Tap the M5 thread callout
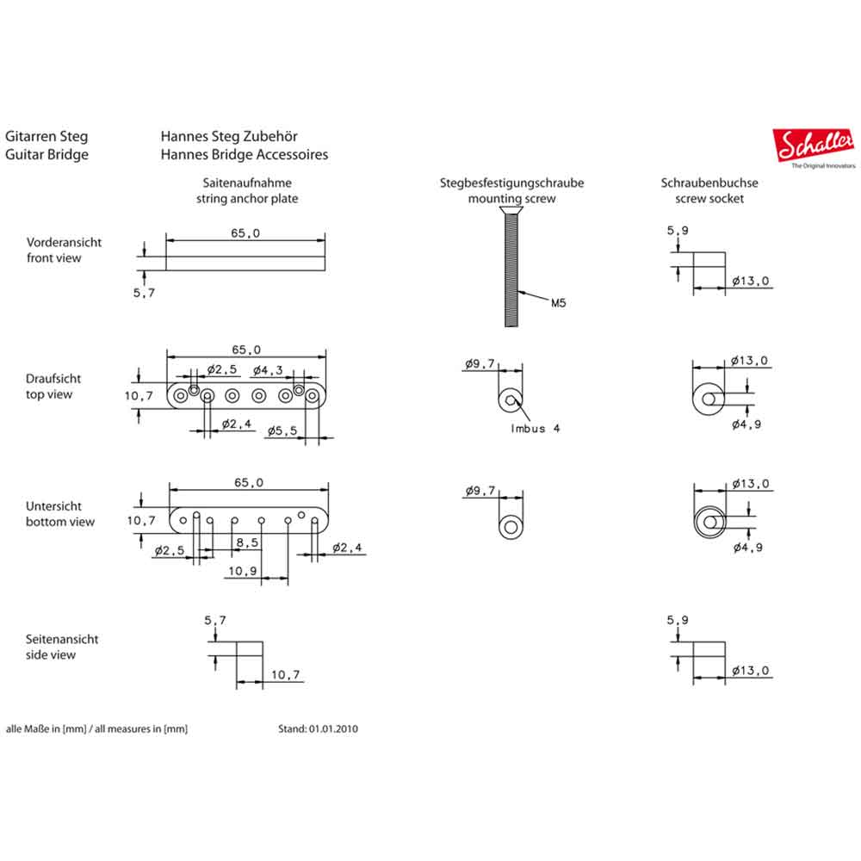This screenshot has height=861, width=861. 559,303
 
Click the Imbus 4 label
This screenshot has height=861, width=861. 535,428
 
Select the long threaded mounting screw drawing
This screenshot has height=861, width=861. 511,268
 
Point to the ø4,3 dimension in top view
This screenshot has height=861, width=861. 266,369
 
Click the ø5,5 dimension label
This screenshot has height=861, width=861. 282,430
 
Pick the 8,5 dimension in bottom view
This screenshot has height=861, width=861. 246,542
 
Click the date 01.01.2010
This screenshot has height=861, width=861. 331,728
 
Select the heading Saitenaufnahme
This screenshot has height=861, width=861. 247,183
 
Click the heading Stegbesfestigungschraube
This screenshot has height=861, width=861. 511,183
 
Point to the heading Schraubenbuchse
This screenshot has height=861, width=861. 709,183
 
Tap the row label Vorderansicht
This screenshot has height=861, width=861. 64,242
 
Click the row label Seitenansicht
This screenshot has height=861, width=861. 62,639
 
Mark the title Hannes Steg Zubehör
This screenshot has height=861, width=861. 229,136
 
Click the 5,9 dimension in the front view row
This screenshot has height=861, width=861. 679,231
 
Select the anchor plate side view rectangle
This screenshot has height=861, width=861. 250,664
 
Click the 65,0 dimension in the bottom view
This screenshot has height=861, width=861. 249,483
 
